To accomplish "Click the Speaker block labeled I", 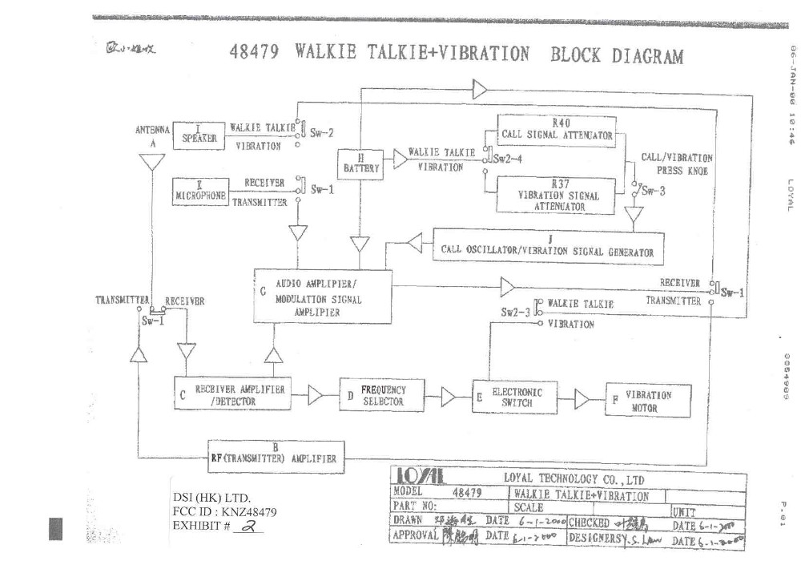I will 199,134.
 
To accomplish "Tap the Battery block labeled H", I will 361,164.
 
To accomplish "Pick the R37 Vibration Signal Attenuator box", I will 559,196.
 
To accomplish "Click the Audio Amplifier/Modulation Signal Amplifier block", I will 323,297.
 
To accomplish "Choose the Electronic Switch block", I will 514,397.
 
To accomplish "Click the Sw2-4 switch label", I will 509,158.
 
